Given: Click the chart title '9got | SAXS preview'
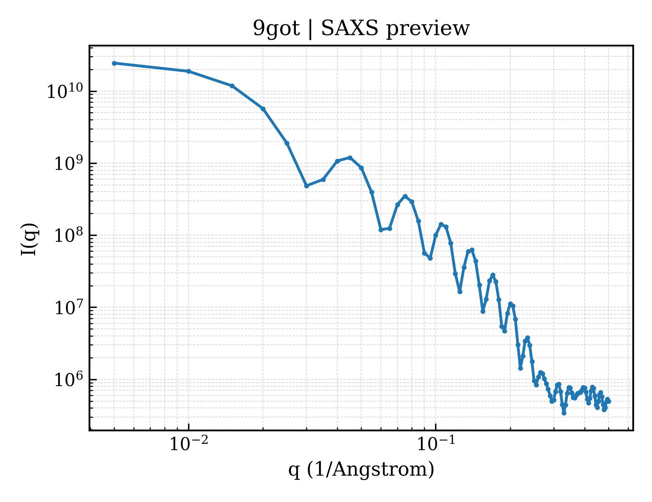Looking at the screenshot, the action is tap(361, 29).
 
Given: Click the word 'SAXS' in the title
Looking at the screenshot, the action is tap(349, 28).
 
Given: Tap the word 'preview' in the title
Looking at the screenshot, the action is tap(428, 30).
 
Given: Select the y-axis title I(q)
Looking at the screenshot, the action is tap(29, 239).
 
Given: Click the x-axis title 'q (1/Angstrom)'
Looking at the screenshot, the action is tap(361, 469).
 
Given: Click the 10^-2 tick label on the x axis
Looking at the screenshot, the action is tap(188, 443).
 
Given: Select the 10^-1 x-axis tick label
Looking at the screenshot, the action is tap(436, 443).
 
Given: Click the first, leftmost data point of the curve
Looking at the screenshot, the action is tap(115, 63).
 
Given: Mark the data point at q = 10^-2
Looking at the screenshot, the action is tap(189, 71).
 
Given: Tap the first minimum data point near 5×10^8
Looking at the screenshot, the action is tap(306, 186).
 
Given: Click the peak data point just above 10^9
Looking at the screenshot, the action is tap(350, 158).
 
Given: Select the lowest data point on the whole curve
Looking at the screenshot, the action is tap(564, 413).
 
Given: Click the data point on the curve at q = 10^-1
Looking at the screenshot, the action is tap(436, 236).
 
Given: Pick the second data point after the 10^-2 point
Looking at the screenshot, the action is tap(263, 109).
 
